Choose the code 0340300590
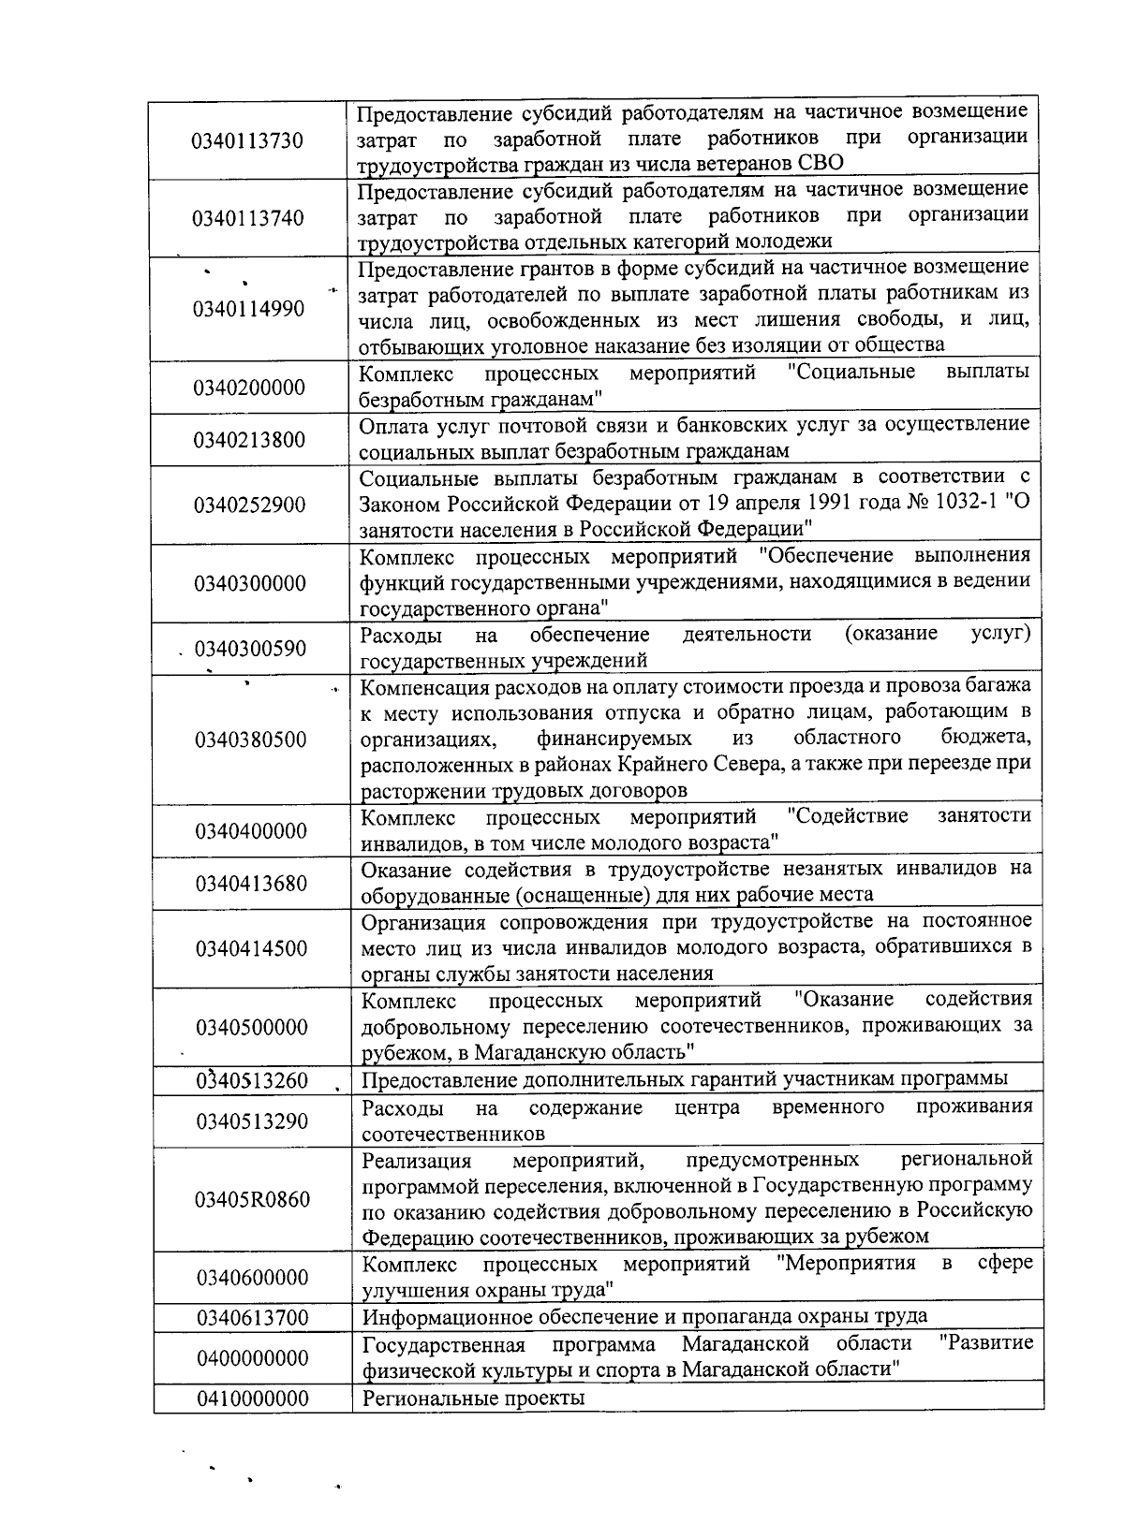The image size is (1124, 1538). (250, 649)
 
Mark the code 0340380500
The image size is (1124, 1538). (250, 740)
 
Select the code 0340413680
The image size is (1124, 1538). (251, 883)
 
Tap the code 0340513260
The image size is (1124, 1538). (251, 1080)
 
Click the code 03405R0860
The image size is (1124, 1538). (252, 1199)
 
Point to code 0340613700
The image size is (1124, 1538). (252, 1318)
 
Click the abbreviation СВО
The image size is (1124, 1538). (821, 163)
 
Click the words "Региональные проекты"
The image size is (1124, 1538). (473, 1399)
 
